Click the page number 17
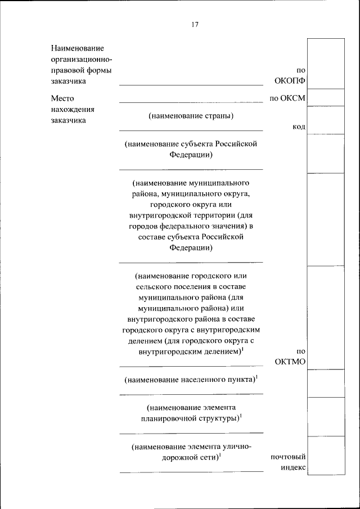pyautogui.click(x=195, y=24)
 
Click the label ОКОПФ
pyautogui.click(x=290, y=81)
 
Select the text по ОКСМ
pyautogui.click(x=287, y=98)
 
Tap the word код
pyautogui.click(x=299, y=127)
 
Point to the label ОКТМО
pyautogui.click(x=290, y=362)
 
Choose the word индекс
pyautogui.click(x=292, y=467)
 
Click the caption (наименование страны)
pyautogui.click(x=191, y=116)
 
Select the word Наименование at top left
pyautogui.click(x=78, y=49)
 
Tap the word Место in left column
pyautogui.click(x=62, y=98)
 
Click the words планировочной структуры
pyautogui.click(x=190, y=418)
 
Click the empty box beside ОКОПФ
pyautogui.click(x=326, y=63)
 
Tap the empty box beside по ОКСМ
pyautogui.click(x=326, y=97)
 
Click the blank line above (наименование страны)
pyautogui.click(x=191, y=102)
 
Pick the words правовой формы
pyautogui.click(x=81, y=70)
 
